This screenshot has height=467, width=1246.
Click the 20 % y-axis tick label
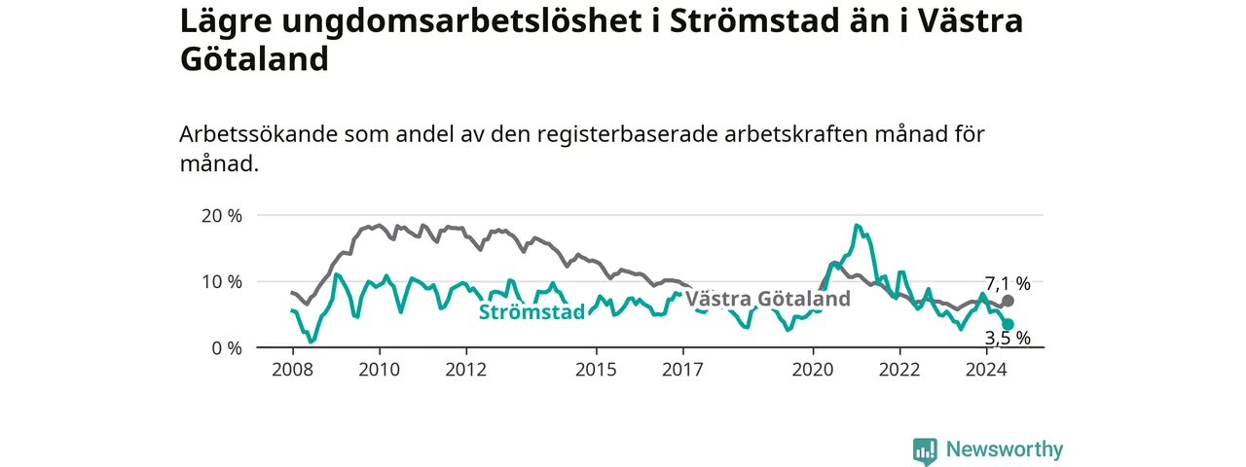221,216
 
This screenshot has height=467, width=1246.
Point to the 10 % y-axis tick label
221,282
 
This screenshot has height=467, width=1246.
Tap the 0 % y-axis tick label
227,348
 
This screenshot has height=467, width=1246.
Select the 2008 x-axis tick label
293,370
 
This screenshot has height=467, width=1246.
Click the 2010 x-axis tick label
380,370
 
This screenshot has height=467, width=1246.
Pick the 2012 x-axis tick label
466,370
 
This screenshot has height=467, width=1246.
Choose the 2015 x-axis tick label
597,370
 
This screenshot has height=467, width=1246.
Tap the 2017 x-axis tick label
683,370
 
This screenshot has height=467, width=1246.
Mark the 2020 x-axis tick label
813,370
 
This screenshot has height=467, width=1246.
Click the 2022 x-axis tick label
899,370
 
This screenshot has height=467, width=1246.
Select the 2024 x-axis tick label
986,370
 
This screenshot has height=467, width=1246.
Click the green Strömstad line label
531,312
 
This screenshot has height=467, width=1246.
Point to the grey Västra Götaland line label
768,299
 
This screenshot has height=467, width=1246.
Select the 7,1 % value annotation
1008,283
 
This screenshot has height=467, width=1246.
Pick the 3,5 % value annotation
1008,338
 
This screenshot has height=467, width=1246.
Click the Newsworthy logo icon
925,450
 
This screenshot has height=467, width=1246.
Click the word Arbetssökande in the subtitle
259,134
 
